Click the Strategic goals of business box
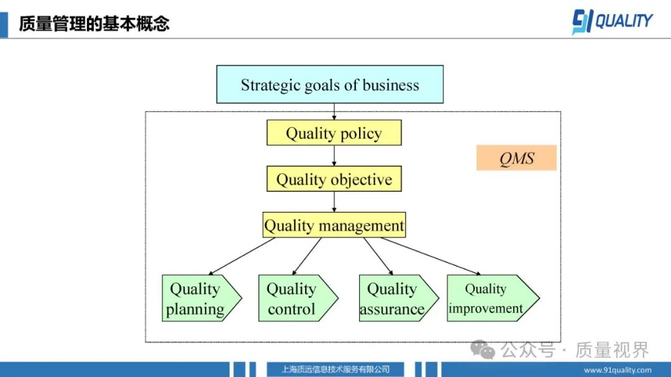click(x=330, y=84)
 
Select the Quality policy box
click(x=334, y=133)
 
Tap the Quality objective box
click(x=334, y=179)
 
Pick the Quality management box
click(x=334, y=225)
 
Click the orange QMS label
click(x=516, y=158)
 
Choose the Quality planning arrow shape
click(x=202, y=298)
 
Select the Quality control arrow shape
click(x=298, y=298)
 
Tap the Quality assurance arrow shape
click(x=399, y=298)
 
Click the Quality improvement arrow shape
click(x=493, y=298)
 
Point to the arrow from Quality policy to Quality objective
click(x=334, y=156)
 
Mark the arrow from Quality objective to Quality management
click(x=334, y=202)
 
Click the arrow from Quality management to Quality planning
click(x=242, y=257)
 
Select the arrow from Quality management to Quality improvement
click(x=431, y=257)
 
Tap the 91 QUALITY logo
click(x=613, y=21)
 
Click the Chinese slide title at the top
click(x=94, y=24)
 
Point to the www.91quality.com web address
click(x=618, y=370)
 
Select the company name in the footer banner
click(x=335, y=370)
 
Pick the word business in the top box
click(x=391, y=85)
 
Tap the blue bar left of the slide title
click(x=4, y=25)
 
